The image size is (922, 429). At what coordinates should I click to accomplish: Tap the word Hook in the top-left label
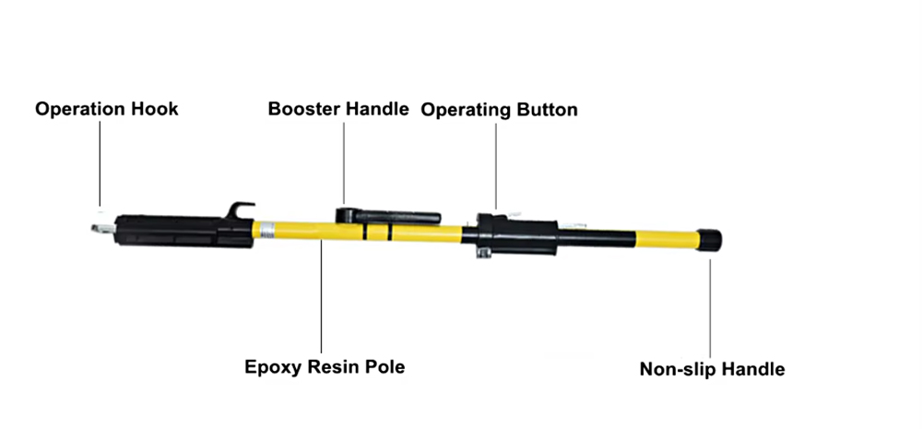point(157,109)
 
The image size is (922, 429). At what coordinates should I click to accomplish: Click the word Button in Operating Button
point(547,110)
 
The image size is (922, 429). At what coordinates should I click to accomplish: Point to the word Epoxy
point(270,367)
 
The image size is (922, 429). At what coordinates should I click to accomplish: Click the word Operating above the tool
point(465,110)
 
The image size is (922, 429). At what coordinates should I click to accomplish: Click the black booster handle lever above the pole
point(392,216)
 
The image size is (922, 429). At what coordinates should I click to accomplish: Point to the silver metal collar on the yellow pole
point(267,230)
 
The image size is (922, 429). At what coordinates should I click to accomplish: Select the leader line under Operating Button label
point(495,166)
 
